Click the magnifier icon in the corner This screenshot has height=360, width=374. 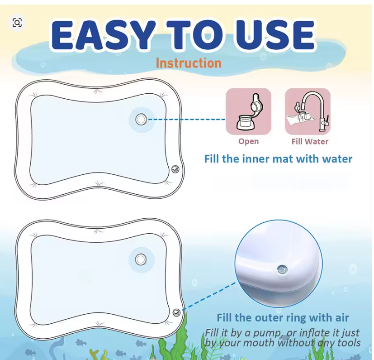pyautogui.click(x=17, y=23)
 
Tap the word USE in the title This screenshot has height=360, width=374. pyautogui.click(x=275, y=35)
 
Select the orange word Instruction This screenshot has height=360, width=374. pyautogui.click(x=189, y=63)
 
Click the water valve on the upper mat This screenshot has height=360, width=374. pyautogui.click(x=141, y=119)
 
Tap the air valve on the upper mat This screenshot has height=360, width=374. pyautogui.click(x=175, y=169)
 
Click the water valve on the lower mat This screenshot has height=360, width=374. pyautogui.click(x=141, y=259)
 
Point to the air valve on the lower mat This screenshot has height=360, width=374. pyautogui.click(x=176, y=312)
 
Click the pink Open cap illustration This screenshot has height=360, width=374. pyautogui.click(x=249, y=111)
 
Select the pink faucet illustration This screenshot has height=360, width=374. pyautogui.click(x=308, y=111)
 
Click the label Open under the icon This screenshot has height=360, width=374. pyautogui.click(x=249, y=141)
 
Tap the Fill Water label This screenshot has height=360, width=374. pyautogui.click(x=310, y=141)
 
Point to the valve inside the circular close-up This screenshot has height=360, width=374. pyautogui.click(x=282, y=270)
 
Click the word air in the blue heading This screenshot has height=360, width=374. pyautogui.click(x=341, y=318)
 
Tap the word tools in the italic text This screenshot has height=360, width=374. pyautogui.click(x=349, y=343)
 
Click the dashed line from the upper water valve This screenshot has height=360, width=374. pyautogui.click(x=186, y=119)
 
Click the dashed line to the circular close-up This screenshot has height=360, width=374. pyautogui.click(x=208, y=296)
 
